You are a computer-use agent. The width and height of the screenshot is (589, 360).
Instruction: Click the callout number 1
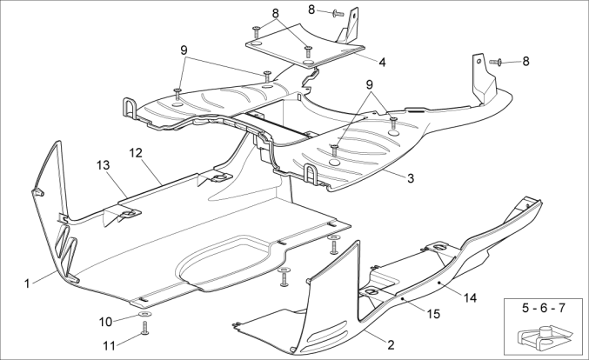pos(28,282)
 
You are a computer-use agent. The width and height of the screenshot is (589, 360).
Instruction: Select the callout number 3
pos(409,178)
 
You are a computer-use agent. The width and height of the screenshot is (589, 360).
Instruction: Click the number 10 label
pos(104,320)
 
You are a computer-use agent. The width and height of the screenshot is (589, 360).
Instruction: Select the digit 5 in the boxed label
pos(525,309)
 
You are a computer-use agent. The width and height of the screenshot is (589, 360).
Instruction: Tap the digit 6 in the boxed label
pos(544,309)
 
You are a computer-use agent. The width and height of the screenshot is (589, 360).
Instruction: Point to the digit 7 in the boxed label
pos(563,309)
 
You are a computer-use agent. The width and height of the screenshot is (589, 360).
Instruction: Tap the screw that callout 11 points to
pos(144,328)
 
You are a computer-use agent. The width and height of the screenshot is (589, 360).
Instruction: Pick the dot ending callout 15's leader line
pos(403,297)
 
